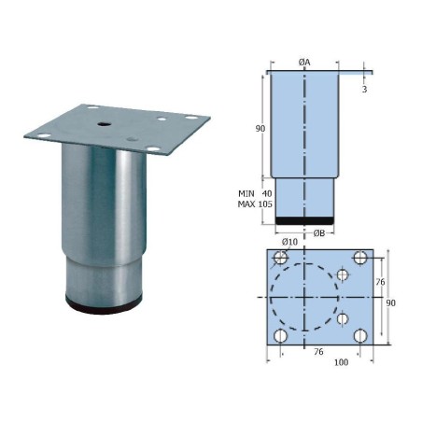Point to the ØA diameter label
pos(304,62)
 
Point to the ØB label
pos(318,232)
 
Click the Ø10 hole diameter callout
pos(289,243)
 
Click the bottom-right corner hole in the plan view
pos(361,335)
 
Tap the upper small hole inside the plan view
pos(344,275)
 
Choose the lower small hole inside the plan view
pos(344,318)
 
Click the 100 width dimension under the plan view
pos(341,362)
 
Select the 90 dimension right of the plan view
pos(391,302)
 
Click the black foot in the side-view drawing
pos(304,220)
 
